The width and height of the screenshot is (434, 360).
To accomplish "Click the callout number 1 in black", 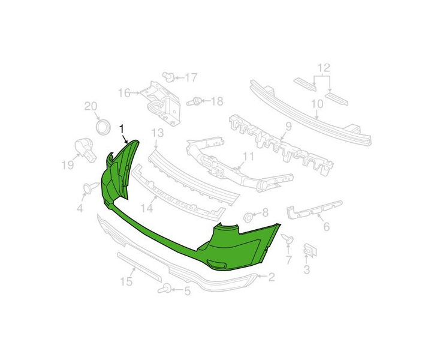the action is (x=122, y=129).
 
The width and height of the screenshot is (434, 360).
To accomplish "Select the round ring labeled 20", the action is (x=103, y=127).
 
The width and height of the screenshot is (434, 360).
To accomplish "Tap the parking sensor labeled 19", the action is (x=85, y=150).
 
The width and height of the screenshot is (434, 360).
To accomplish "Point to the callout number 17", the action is (x=191, y=77).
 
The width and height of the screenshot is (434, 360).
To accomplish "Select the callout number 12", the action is (x=324, y=68).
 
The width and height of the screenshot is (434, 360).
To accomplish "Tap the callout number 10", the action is (x=317, y=104).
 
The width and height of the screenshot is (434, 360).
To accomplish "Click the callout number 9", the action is (x=289, y=127).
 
